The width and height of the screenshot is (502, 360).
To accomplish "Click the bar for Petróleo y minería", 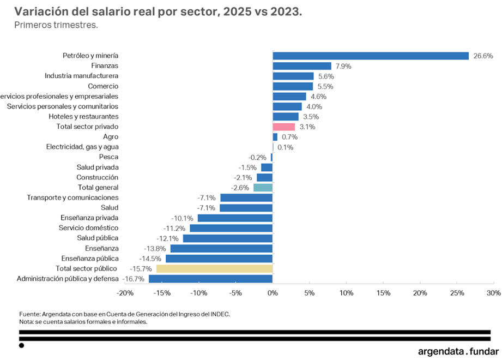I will click(371, 56).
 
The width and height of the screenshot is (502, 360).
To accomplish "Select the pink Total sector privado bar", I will click(283, 127).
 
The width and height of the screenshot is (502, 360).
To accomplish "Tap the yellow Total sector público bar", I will click(214, 268).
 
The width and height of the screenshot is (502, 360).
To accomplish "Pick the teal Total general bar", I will click(263, 188).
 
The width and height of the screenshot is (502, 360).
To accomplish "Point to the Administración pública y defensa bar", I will click(210, 279).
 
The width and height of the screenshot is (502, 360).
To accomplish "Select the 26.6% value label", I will click(483, 56).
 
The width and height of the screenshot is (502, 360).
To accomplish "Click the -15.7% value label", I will click(141, 269).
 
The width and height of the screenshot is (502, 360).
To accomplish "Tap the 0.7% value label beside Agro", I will click(289, 137).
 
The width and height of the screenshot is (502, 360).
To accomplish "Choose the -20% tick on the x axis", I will click(125, 293).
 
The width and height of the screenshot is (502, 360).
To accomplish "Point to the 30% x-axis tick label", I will click(493, 293).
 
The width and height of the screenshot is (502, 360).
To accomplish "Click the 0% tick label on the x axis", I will click(273, 293).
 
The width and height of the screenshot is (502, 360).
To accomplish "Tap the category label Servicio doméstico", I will click(89, 228).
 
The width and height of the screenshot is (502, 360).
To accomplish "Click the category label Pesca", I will click(109, 157).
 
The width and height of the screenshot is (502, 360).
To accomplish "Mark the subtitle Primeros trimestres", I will click(56, 25).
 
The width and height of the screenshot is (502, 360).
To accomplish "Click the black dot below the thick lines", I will click(21, 345).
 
